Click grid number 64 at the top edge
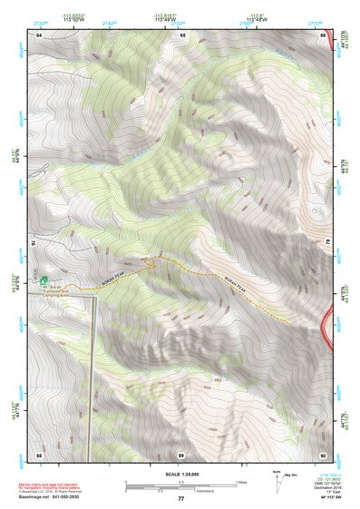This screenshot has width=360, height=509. pyautogui.click(x=39, y=35)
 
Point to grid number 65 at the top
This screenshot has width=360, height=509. pyautogui.click(x=182, y=35)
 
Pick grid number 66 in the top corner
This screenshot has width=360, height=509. pyautogui.click(x=324, y=35)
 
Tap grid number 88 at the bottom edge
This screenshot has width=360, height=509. pyautogui.click(x=39, y=454)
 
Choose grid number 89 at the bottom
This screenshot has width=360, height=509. pyautogui.click(x=182, y=454)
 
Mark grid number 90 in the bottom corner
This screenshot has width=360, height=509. pyautogui.click(x=324, y=454)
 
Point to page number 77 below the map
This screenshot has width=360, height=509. pyautogui.click(x=181, y=499)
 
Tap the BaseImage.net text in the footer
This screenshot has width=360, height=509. pyautogui.click(x=52, y=495)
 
